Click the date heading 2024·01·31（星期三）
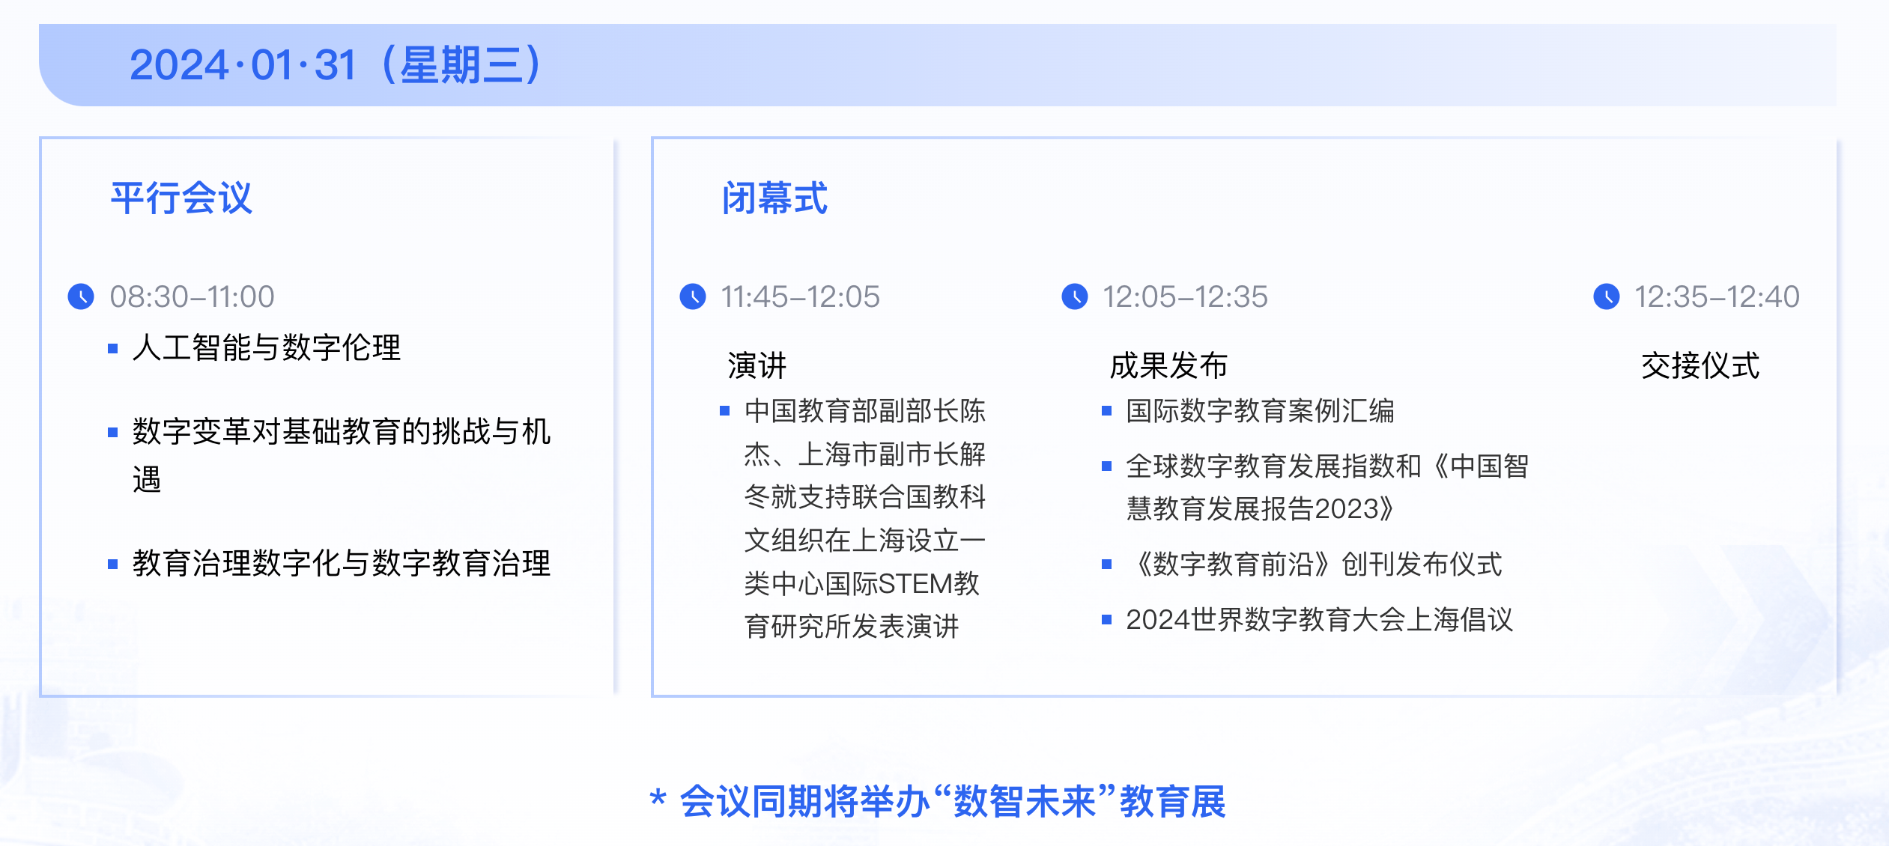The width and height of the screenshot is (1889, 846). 336,65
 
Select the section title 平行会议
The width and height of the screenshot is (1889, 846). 181,198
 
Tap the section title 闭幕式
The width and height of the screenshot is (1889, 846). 774,198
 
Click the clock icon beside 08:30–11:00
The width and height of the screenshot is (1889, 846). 81,296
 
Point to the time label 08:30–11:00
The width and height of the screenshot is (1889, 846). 192,297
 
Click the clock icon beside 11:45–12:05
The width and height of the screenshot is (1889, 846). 693,296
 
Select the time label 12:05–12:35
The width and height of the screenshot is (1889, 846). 1185,297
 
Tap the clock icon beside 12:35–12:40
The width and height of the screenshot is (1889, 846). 1607,296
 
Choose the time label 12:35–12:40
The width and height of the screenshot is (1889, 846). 1717,297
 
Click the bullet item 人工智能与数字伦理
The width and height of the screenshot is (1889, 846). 267,348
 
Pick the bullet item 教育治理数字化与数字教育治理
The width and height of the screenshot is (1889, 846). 342,564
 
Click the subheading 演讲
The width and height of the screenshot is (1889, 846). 757,366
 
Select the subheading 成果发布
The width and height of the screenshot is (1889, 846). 1168,366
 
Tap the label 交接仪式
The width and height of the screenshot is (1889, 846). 1700,366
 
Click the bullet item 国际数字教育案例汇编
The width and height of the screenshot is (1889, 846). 1260,411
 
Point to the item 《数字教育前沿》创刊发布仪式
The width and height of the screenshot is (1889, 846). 1315,564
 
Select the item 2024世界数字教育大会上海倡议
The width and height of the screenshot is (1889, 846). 1320,620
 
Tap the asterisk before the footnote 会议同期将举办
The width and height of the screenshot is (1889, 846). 658,798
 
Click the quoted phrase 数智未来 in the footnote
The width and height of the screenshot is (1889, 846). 1024,802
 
